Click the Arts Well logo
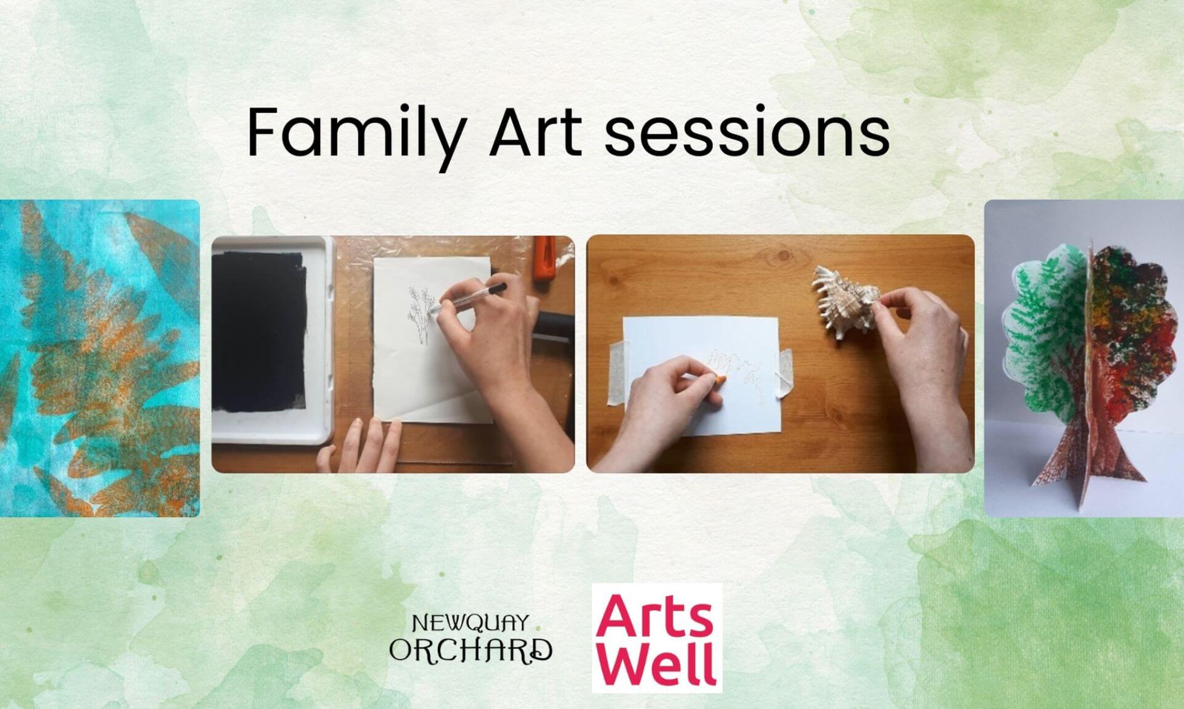coord(657,637)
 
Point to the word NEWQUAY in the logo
coord(470,623)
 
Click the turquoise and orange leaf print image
coord(100,358)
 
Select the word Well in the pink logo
coord(657,663)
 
